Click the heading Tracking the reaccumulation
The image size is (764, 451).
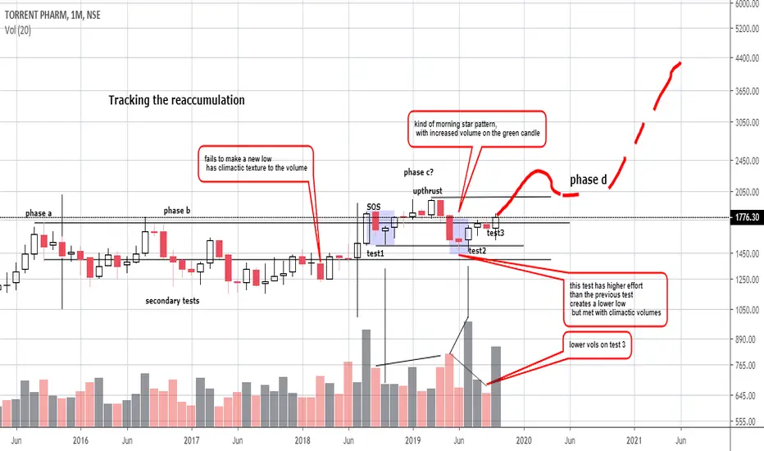[176, 101]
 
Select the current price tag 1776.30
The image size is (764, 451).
[746, 217]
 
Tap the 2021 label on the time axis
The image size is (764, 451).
[633, 440]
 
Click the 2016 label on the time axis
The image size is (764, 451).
[80, 440]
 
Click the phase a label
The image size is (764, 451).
[38, 213]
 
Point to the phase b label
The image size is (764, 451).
[175, 211]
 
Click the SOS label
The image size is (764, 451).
[374, 207]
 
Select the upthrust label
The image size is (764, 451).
[427, 190]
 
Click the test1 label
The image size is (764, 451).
[375, 254]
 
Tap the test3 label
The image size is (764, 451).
[495, 234]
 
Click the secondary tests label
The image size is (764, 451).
[172, 301]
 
